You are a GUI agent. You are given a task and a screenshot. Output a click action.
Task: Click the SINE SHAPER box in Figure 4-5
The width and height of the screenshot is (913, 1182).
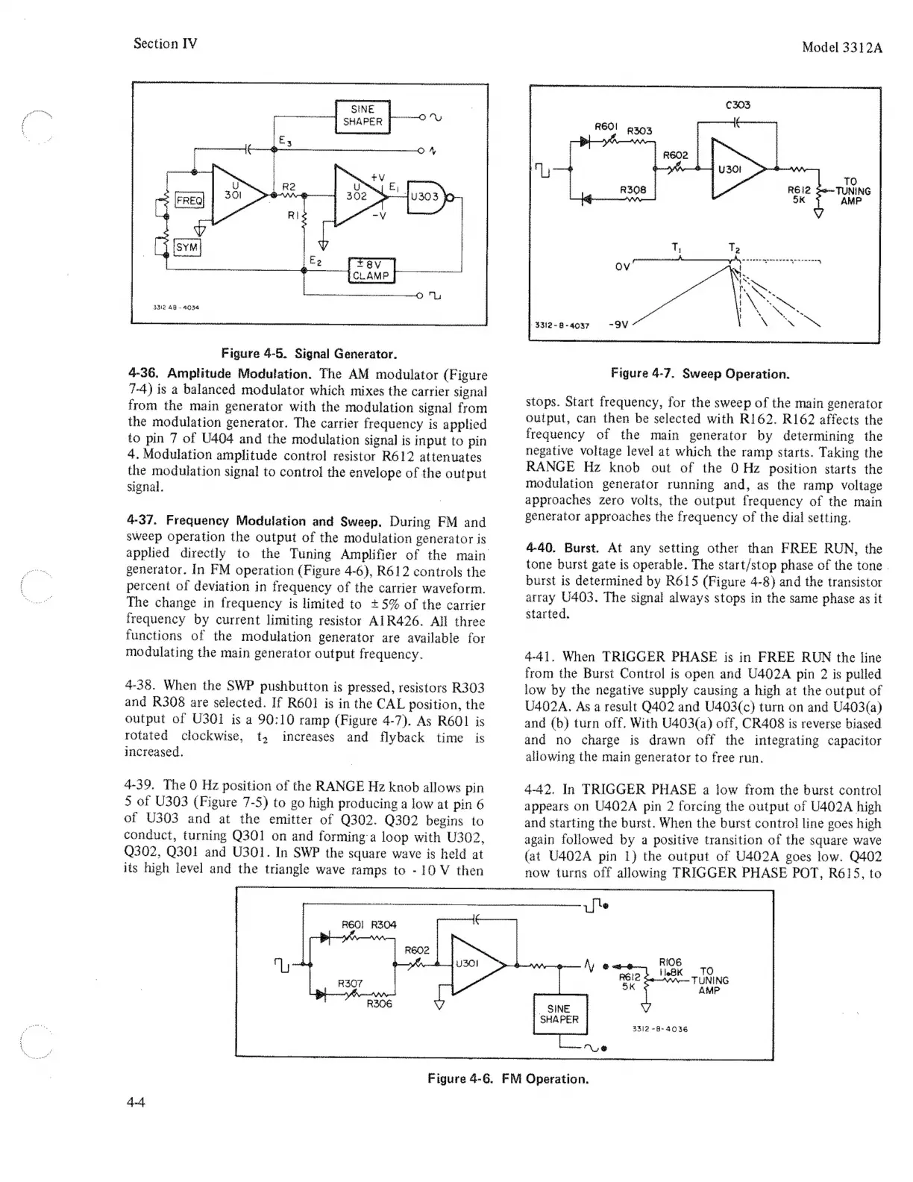[363, 116]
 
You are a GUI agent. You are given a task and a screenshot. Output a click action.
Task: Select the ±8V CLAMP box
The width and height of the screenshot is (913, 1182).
[371, 269]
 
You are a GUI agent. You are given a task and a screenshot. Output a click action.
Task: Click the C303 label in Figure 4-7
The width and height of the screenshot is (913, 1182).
[737, 105]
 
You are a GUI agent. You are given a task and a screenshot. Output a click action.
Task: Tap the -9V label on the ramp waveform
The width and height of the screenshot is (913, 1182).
[618, 325]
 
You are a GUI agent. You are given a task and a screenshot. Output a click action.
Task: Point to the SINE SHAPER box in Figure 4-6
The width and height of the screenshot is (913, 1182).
[559, 1013]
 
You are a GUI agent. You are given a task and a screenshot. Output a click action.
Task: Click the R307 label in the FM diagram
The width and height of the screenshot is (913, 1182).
[351, 983]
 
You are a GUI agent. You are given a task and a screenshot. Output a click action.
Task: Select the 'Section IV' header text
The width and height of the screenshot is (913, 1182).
[165, 43]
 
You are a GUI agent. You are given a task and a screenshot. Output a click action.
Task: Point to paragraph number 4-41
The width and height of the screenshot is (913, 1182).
[540, 657]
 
